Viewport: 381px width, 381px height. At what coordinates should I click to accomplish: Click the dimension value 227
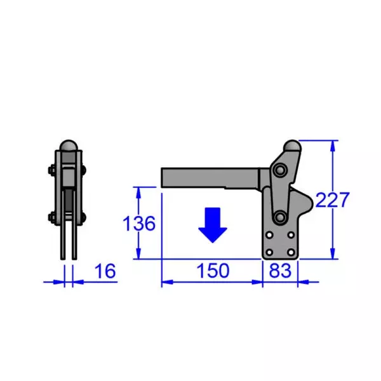(332, 200)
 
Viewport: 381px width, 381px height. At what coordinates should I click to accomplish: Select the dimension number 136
(139, 224)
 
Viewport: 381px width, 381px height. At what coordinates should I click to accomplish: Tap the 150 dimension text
(212, 271)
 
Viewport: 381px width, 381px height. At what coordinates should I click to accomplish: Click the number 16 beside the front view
(105, 272)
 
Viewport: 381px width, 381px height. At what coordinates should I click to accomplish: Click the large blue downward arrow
(212, 225)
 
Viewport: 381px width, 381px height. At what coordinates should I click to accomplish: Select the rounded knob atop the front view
(68, 145)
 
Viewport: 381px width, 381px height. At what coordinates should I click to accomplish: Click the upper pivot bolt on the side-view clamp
(280, 170)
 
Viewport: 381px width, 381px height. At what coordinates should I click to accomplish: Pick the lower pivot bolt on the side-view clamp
(279, 218)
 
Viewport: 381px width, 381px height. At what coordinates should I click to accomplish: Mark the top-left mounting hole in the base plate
(270, 235)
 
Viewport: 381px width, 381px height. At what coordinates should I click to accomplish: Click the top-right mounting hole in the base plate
(291, 235)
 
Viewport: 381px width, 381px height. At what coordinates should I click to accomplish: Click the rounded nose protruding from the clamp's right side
(309, 205)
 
